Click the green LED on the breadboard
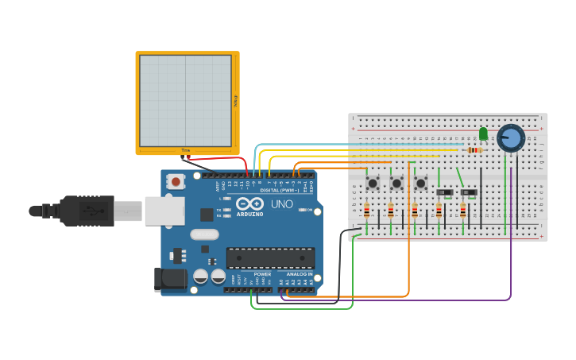(483, 134)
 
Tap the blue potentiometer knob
(510, 138)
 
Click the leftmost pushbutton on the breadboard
(372, 184)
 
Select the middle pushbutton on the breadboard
(396, 184)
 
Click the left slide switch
(445, 192)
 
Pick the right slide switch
(470, 192)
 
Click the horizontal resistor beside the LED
(475, 149)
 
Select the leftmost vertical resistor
(366, 211)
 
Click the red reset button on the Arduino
(175, 182)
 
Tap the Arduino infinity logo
(249, 204)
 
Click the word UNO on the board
(283, 204)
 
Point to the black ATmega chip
(270, 257)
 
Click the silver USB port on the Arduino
(164, 211)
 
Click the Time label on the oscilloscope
(186, 150)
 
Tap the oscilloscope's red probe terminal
(189, 157)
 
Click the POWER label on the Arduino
(262, 274)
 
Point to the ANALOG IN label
(299, 274)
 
